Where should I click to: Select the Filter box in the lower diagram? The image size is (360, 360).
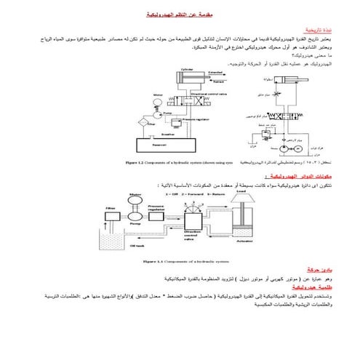click(x=112, y=211)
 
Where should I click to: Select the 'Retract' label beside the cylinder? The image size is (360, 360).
click(x=215, y=84)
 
